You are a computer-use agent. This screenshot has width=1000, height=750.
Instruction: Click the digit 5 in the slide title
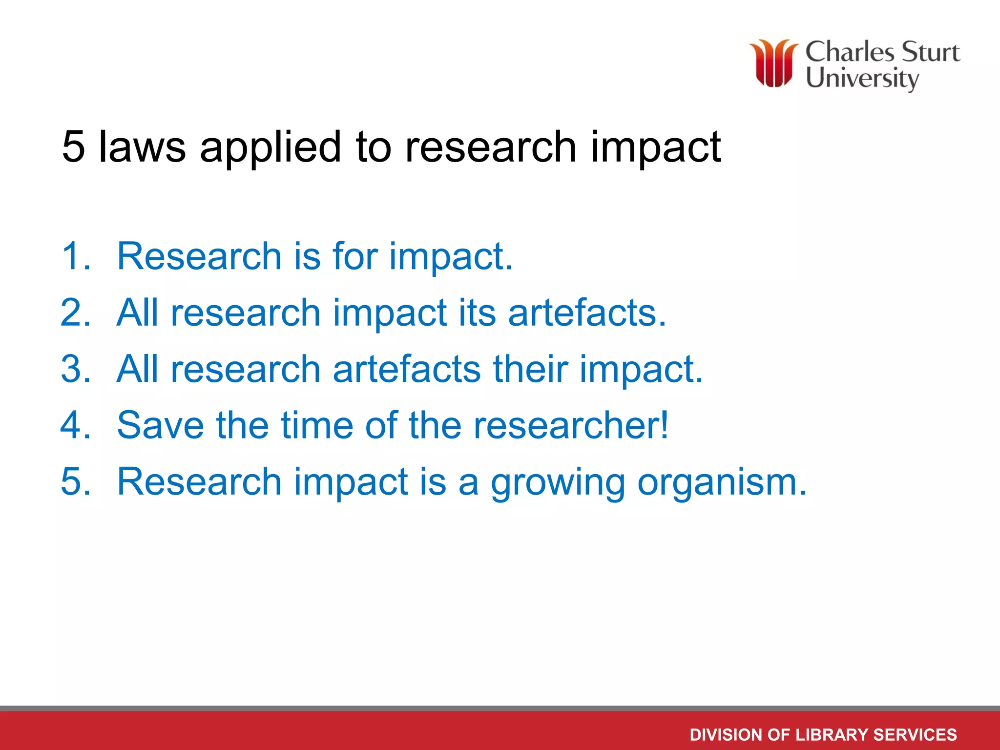tap(74, 146)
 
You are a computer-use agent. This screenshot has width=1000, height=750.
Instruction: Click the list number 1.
tap(76, 256)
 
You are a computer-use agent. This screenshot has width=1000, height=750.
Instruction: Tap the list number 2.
tap(76, 312)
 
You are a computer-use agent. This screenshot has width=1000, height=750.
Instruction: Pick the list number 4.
tap(76, 425)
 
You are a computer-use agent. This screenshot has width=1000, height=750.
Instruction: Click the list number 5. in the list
tap(76, 482)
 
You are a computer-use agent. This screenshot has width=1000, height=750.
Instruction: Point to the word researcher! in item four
tap(571, 425)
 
